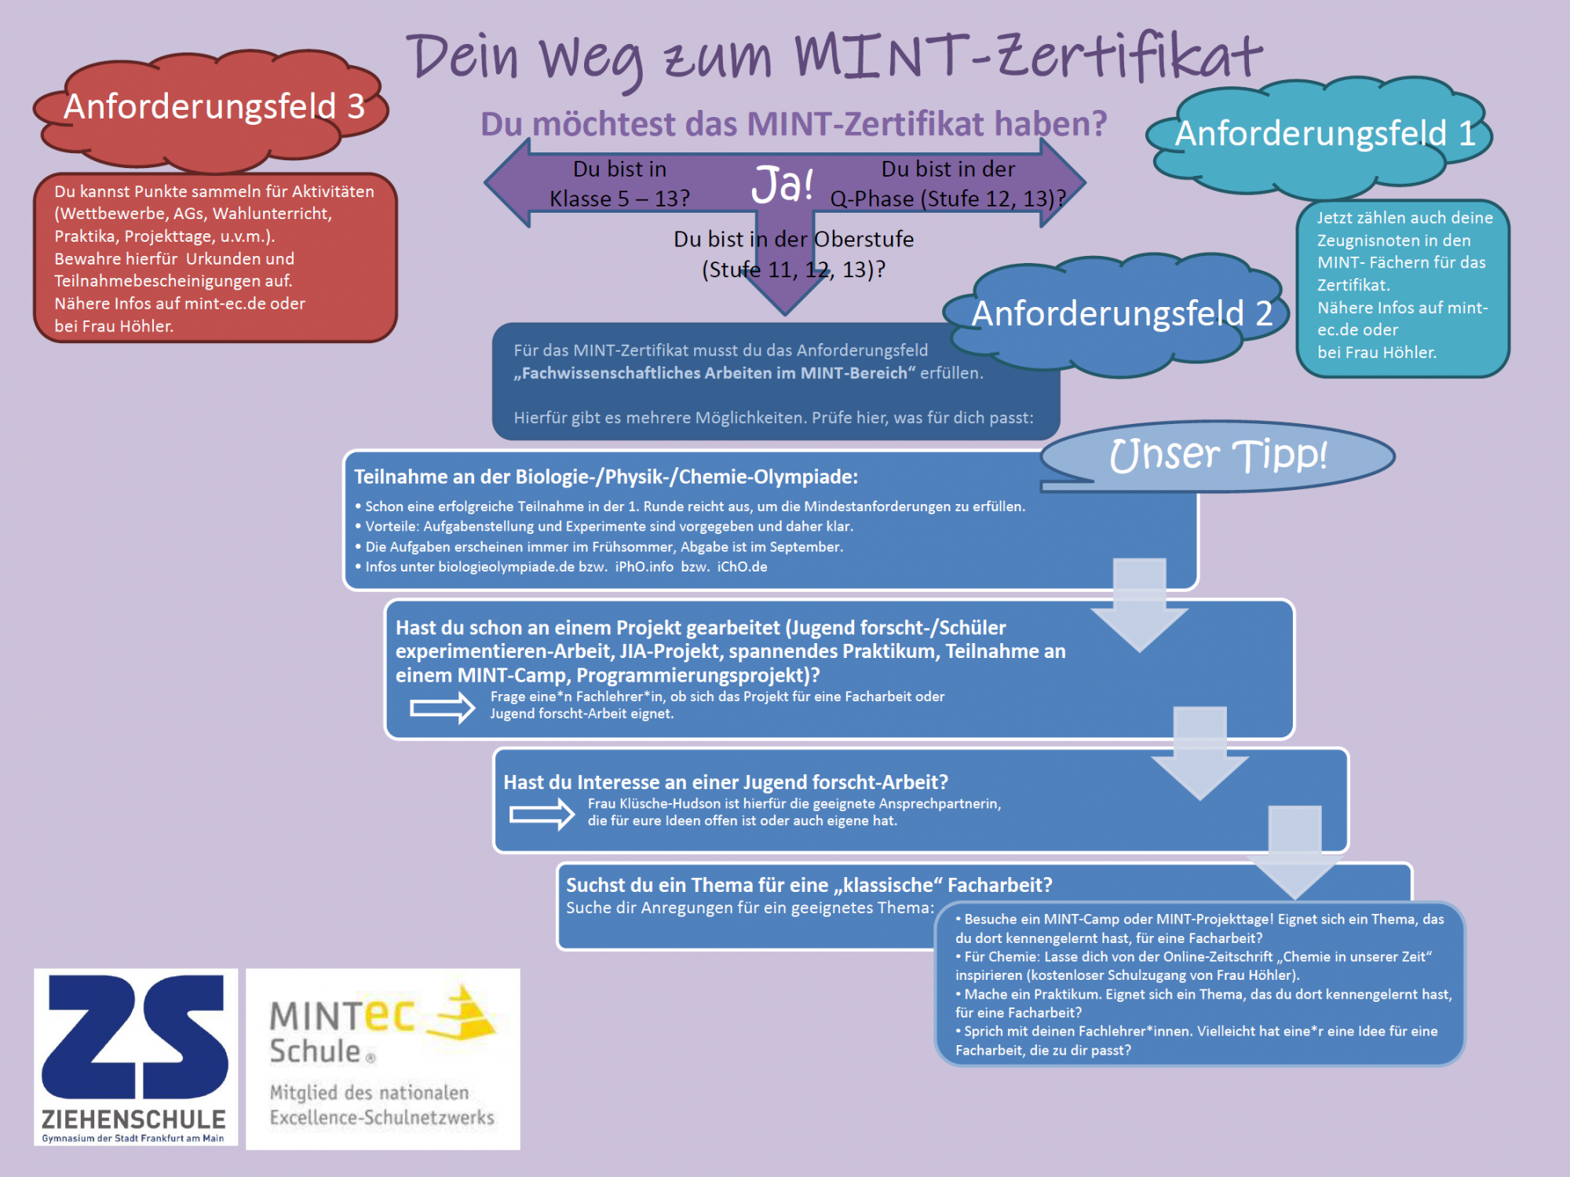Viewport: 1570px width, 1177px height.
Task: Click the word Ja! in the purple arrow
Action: coord(782,185)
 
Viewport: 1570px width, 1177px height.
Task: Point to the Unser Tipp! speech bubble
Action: coord(1218,456)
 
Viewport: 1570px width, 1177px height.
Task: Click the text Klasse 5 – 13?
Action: coord(619,199)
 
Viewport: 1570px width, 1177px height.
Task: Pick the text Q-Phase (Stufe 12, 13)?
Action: coord(947,199)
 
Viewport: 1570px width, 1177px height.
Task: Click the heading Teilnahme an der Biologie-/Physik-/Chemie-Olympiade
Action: coord(606,477)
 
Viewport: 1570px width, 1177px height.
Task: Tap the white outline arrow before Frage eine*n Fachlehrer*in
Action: coord(443,707)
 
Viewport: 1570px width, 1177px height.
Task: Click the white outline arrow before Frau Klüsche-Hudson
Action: coord(542,814)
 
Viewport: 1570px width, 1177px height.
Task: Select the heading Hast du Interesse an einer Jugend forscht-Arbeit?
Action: coord(725,782)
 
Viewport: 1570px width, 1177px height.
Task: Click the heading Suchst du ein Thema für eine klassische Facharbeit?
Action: coord(809,885)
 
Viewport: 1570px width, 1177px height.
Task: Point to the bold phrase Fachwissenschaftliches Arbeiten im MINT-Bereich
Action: coord(714,374)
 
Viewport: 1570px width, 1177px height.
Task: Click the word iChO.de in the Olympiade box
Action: coord(742,567)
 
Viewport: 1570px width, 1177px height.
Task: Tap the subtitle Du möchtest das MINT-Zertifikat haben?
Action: coord(793,124)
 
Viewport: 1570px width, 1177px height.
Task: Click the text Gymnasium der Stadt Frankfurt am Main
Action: coord(133,1139)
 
